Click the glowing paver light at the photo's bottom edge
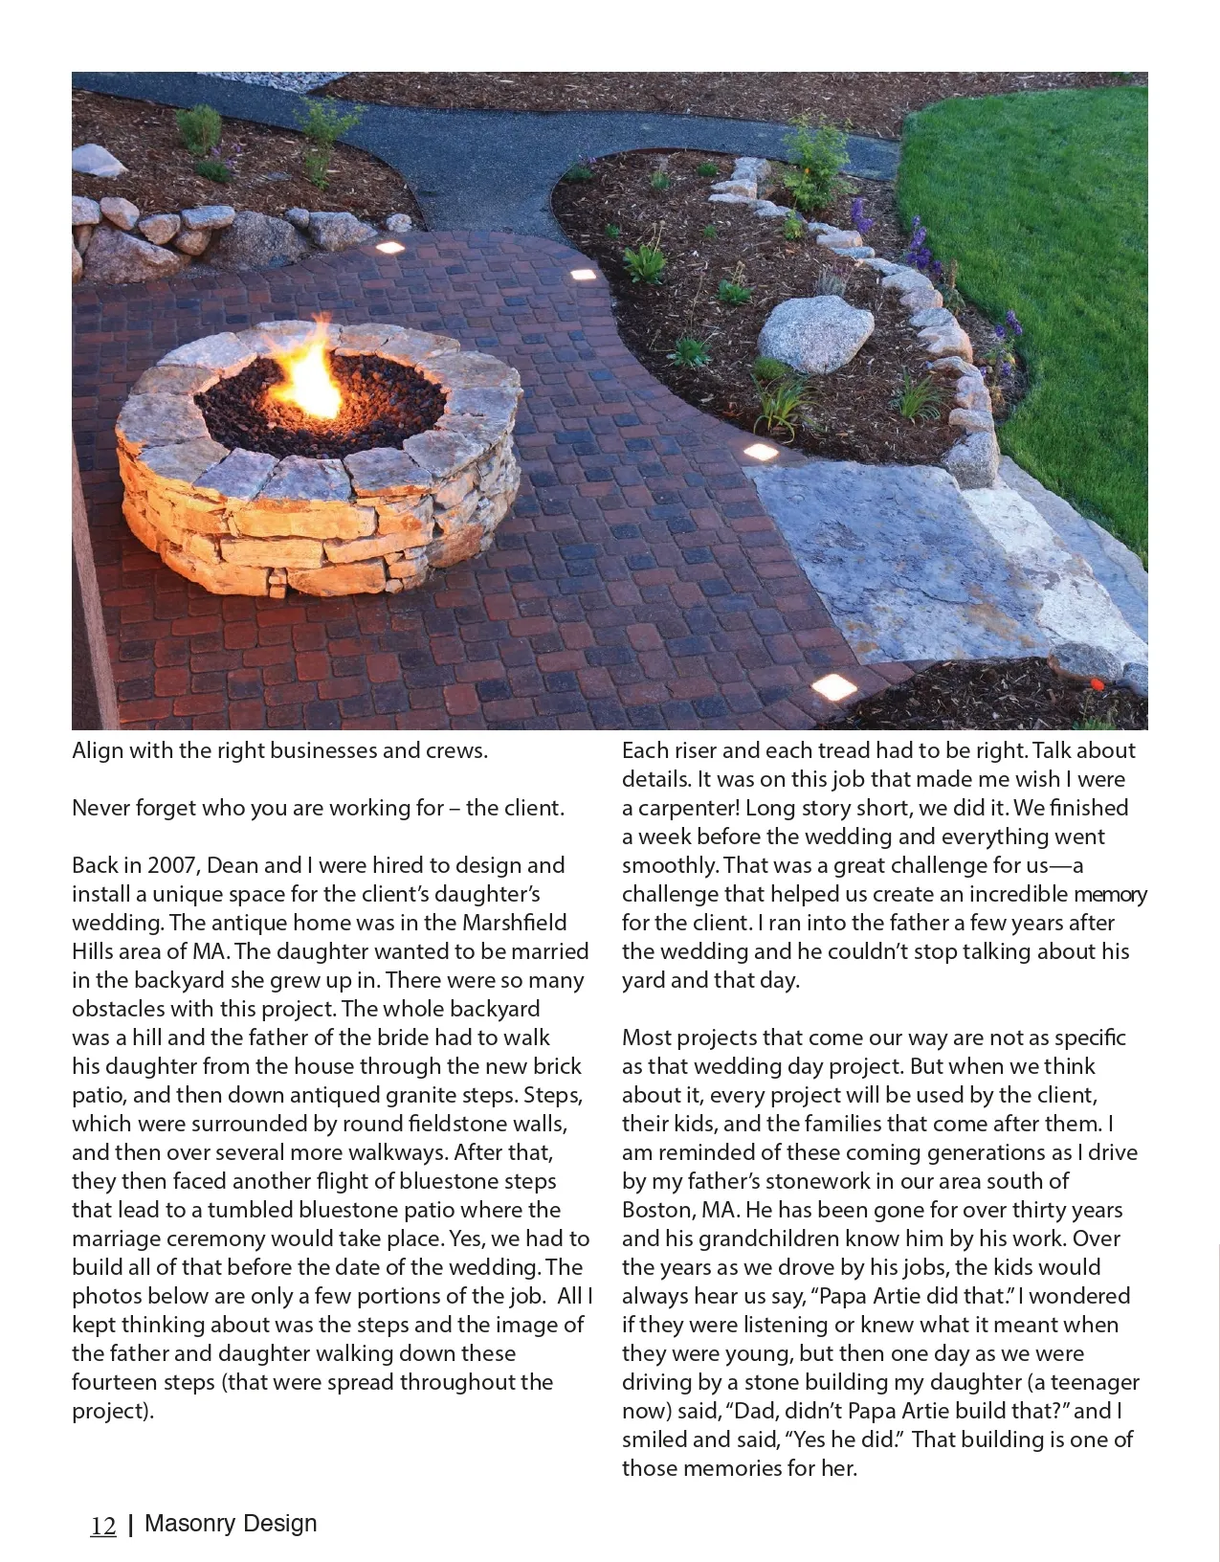click(833, 685)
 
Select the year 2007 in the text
click(172, 865)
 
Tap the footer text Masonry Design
click(230, 1524)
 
